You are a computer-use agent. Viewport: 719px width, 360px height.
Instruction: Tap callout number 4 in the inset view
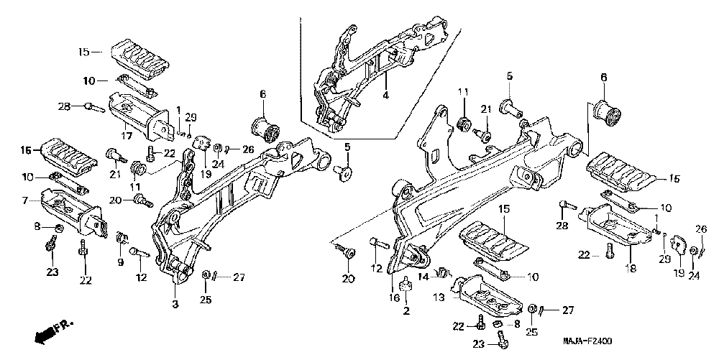tap(385, 94)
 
